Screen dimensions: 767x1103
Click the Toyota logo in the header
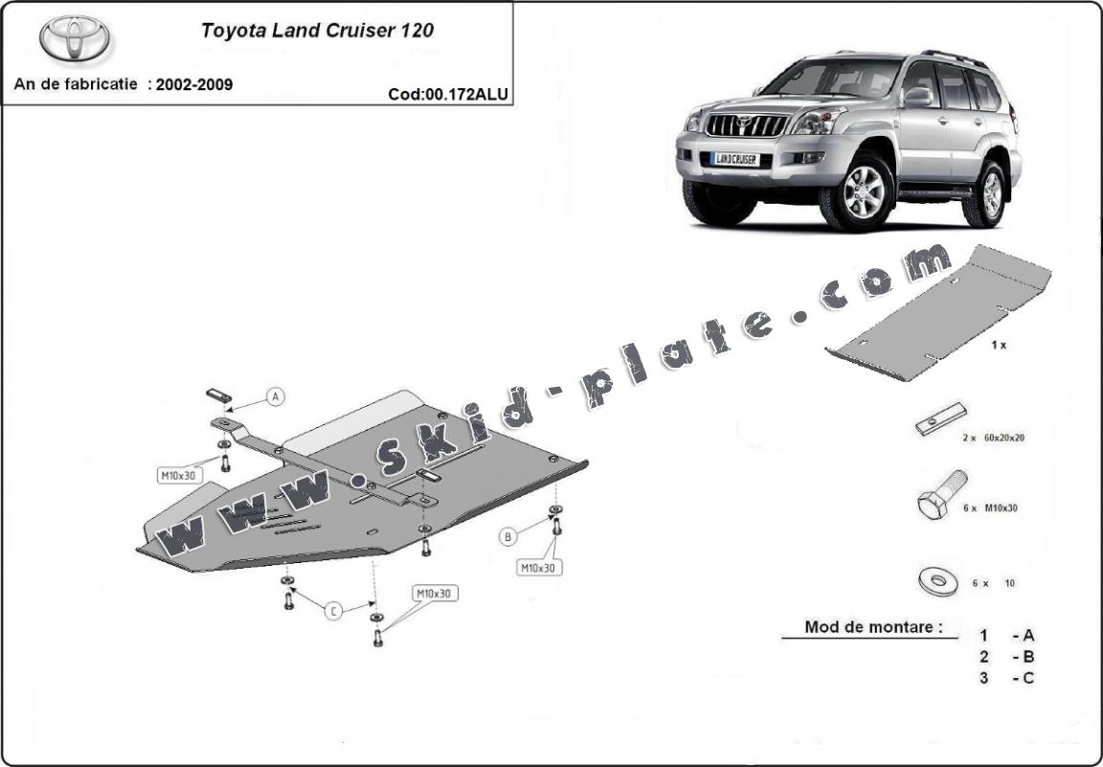coord(74,38)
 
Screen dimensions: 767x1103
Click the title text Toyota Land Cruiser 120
coord(317,30)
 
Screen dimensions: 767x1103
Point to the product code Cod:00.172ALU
coord(448,94)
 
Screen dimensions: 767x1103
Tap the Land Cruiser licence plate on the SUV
coord(735,160)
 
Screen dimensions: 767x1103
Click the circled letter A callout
coord(275,396)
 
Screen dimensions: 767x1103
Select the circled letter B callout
coord(508,537)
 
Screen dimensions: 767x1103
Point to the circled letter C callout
coord(332,611)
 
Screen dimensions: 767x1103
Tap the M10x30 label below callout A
coord(177,474)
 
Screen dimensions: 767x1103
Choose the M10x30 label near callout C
coord(434,594)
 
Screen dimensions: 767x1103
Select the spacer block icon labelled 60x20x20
coord(940,420)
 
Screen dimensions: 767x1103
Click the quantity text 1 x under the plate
coord(998,345)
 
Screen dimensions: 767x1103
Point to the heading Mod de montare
coord(867,628)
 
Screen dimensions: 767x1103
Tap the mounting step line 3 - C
coord(1006,678)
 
